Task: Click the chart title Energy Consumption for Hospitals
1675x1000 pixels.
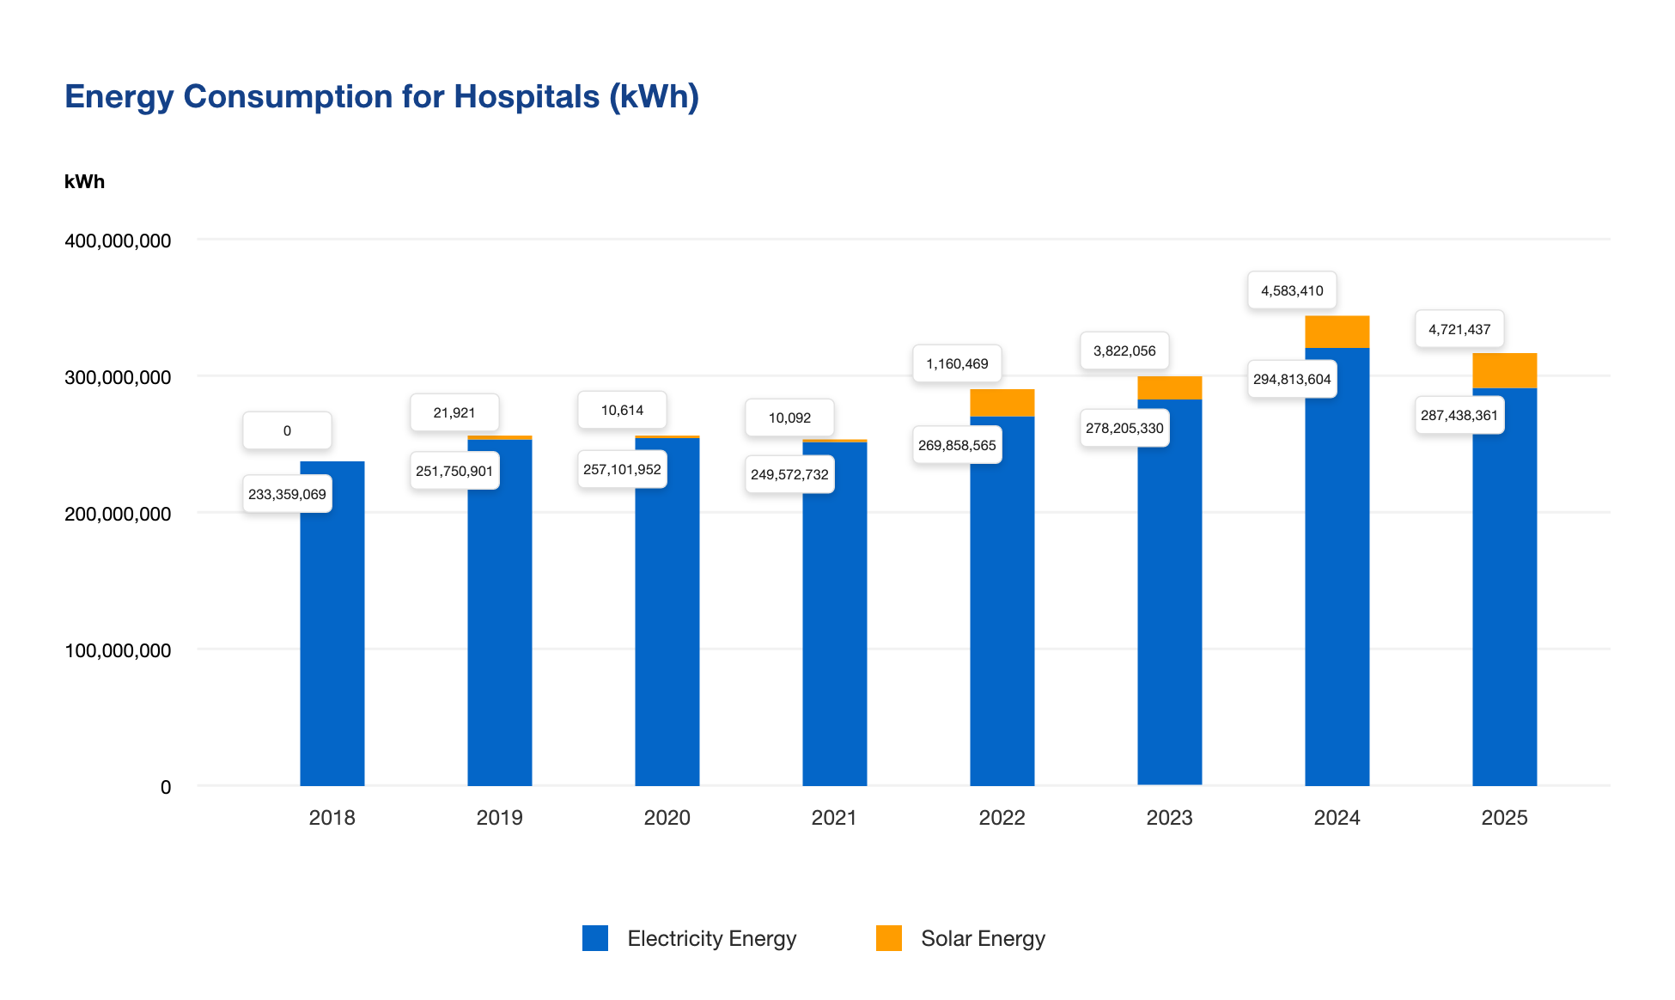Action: pos(381,96)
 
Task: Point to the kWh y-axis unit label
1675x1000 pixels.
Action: pos(84,181)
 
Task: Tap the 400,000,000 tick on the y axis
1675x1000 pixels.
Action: pos(118,241)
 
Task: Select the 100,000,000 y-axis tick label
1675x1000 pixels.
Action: pos(118,650)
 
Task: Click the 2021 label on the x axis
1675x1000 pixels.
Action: pos(833,817)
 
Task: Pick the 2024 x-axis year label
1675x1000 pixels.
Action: pos(1337,817)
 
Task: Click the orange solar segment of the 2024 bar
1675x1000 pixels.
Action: pos(1337,332)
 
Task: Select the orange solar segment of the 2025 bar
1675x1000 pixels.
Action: pos(1504,370)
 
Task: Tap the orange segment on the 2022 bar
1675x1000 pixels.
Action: pos(1002,403)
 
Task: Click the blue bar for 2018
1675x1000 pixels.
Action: pos(332,636)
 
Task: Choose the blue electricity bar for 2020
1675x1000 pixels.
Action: pos(667,619)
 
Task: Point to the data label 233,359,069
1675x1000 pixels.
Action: pos(287,494)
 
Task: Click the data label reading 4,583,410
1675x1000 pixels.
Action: pos(1292,290)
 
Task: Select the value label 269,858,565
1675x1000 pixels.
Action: pos(957,445)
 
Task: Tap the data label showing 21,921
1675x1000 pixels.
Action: pos(454,412)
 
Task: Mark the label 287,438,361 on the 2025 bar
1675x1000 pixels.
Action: pos(1459,415)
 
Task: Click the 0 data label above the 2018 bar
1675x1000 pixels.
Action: pos(287,430)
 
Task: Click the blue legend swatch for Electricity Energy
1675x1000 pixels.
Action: pos(595,938)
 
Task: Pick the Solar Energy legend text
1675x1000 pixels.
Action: pos(983,938)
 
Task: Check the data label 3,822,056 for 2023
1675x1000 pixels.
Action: pos(1124,351)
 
